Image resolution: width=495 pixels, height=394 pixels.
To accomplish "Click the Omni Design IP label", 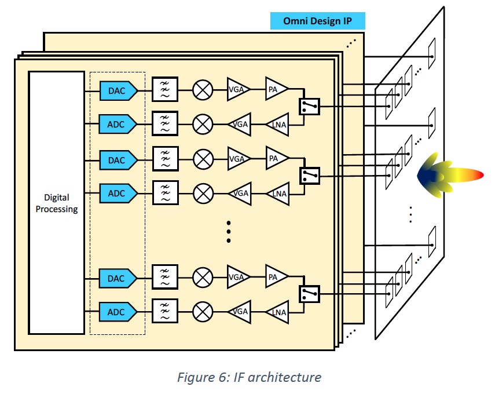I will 317,21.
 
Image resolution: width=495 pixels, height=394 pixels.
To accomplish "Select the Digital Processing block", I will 57,203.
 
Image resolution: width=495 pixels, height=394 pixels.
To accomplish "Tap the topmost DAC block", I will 118,90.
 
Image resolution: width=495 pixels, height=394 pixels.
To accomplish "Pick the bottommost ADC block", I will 118,312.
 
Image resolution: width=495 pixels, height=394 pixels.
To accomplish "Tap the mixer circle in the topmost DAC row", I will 203,90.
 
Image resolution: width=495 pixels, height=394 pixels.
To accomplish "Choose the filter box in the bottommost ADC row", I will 165,312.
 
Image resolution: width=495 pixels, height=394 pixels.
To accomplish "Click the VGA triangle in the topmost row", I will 237,90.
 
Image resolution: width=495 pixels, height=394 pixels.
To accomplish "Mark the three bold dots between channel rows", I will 228,231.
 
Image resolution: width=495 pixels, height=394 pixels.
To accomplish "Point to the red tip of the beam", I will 477,175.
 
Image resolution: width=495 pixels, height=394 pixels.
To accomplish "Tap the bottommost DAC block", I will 118,278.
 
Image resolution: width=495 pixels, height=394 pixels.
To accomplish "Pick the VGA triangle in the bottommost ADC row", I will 239,312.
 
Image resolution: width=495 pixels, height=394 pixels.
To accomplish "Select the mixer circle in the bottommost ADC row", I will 203,312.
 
